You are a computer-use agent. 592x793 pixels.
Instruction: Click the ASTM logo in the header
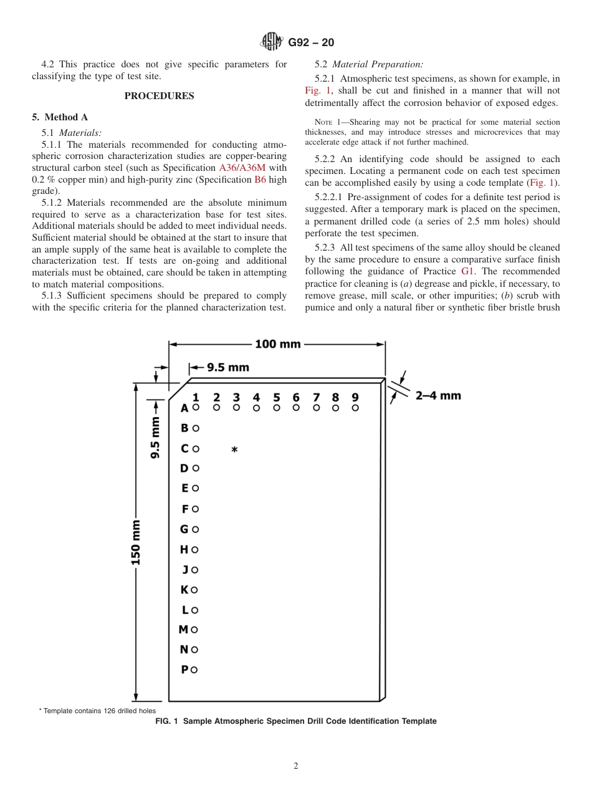[x=272, y=42]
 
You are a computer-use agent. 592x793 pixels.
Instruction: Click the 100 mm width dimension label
[x=277, y=344]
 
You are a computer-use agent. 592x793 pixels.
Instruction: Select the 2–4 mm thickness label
[x=438, y=395]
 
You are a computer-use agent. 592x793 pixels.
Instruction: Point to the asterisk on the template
[x=234, y=450]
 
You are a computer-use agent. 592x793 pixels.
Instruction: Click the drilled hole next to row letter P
[x=194, y=670]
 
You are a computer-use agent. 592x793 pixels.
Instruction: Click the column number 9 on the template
[x=355, y=397]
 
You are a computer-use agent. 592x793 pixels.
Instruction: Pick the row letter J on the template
[x=185, y=570]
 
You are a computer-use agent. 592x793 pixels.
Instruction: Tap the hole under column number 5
[x=277, y=408]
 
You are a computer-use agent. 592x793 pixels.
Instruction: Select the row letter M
[x=183, y=630]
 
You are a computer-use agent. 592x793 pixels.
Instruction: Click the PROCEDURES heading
[x=159, y=96]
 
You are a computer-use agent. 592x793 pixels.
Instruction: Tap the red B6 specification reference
[x=260, y=180]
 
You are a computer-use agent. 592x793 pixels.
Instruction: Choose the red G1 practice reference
[x=467, y=271]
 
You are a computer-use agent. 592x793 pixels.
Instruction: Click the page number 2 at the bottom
[x=296, y=766]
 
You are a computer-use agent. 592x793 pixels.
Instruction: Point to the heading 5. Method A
[x=60, y=117]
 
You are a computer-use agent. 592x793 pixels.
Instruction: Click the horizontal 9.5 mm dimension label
[x=227, y=367]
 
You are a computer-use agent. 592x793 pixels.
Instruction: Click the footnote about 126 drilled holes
[x=97, y=711]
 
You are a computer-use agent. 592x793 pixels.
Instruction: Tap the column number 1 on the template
[x=196, y=397]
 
